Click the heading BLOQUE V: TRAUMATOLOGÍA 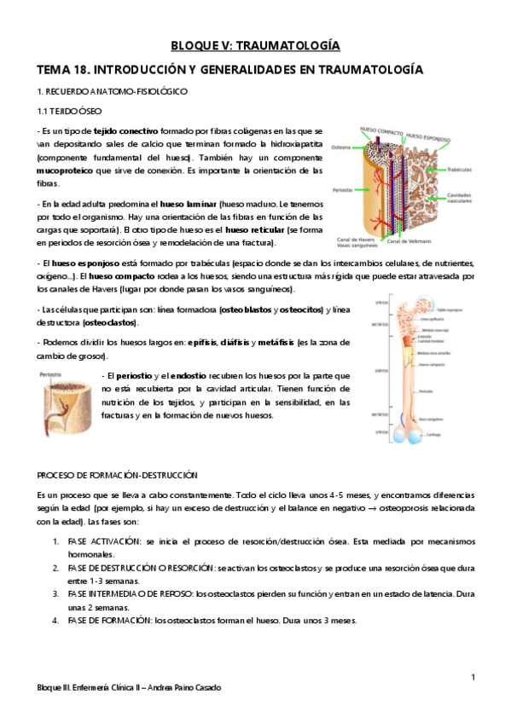255,45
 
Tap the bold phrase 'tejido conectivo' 125,131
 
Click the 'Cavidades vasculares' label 462,197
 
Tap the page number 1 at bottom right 473,677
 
